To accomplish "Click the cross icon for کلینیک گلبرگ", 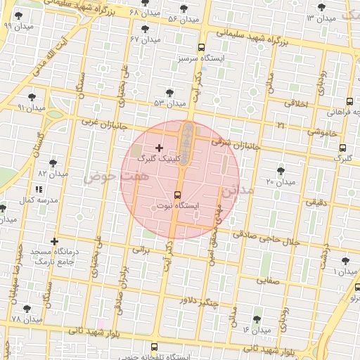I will coord(159,148).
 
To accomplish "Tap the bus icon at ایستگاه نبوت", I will coord(176,194).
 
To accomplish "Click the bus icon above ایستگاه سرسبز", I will coord(202,47).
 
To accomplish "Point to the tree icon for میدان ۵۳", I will coord(169,92).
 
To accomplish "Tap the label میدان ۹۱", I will coord(31,108).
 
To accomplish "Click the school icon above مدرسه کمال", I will coord(38,189).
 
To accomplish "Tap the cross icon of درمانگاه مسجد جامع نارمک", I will coord(53,242).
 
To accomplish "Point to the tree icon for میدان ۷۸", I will coord(27,309).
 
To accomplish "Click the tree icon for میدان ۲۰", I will coord(281,171).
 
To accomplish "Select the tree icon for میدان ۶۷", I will coord(145,29).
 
